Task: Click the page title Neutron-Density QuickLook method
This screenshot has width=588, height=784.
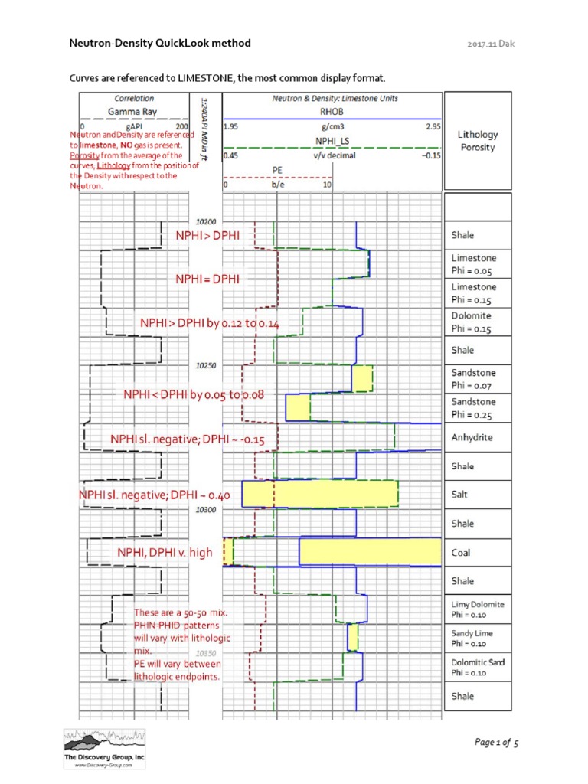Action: pos(160,44)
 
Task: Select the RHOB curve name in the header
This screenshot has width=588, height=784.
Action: pos(332,111)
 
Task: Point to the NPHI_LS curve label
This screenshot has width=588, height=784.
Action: pos(332,141)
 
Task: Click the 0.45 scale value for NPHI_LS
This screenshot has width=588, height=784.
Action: pos(230,155)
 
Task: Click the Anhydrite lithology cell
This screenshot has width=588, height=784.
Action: pos(477,437)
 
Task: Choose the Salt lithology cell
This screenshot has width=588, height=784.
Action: pos(477,495)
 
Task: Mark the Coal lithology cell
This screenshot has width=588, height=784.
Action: pos(477,552)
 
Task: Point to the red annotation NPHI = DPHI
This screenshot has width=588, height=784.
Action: pos(207,279)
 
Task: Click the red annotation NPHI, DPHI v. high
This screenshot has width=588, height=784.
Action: pos(165,553)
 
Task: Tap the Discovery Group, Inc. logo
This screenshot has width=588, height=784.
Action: pos(104,747)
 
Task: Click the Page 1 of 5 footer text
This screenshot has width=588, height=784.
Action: pos(497,742)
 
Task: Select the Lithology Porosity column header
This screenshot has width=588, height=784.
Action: pos(477,141)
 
